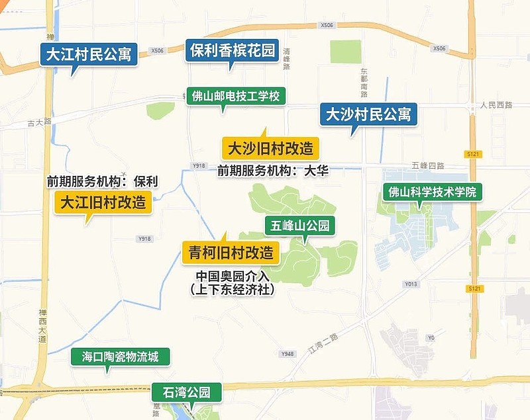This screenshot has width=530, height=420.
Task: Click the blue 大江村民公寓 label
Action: pos(88,54)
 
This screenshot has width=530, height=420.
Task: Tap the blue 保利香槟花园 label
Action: pos(231,50)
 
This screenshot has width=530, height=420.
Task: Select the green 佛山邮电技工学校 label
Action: pos(237,96)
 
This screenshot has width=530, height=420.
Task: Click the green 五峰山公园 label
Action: pos(300,226)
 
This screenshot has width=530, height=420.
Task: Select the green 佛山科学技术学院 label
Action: pos(432,192)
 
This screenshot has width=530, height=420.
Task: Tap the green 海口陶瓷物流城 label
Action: pos(121,357)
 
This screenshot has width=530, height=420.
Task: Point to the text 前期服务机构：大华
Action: pos(273,171)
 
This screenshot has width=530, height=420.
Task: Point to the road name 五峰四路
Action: pos(427,165)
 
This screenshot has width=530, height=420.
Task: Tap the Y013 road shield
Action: pos(411,284)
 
